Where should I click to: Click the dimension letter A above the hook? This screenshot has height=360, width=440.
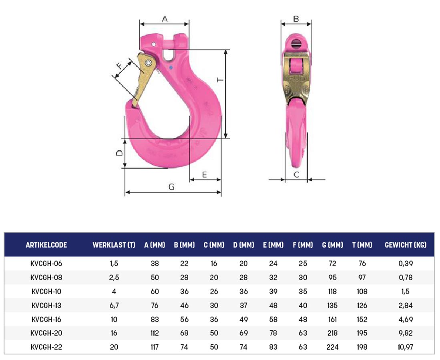click(x=165, y=19)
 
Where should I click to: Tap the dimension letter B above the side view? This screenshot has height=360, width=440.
click(x=296, y=19)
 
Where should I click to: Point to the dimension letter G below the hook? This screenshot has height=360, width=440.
click(x=171, y=187)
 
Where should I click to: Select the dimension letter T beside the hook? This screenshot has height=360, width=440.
click(x=221, y=80)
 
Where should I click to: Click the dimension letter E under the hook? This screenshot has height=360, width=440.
click(x=205, y=175)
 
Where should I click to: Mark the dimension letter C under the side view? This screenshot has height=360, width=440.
click(x=296, y=175)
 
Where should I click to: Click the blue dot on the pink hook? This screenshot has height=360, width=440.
click(x=171, y=68)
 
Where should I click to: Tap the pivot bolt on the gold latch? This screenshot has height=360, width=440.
click(x=148, y=63)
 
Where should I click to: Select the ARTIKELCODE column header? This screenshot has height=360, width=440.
click(x=46, y=245)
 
